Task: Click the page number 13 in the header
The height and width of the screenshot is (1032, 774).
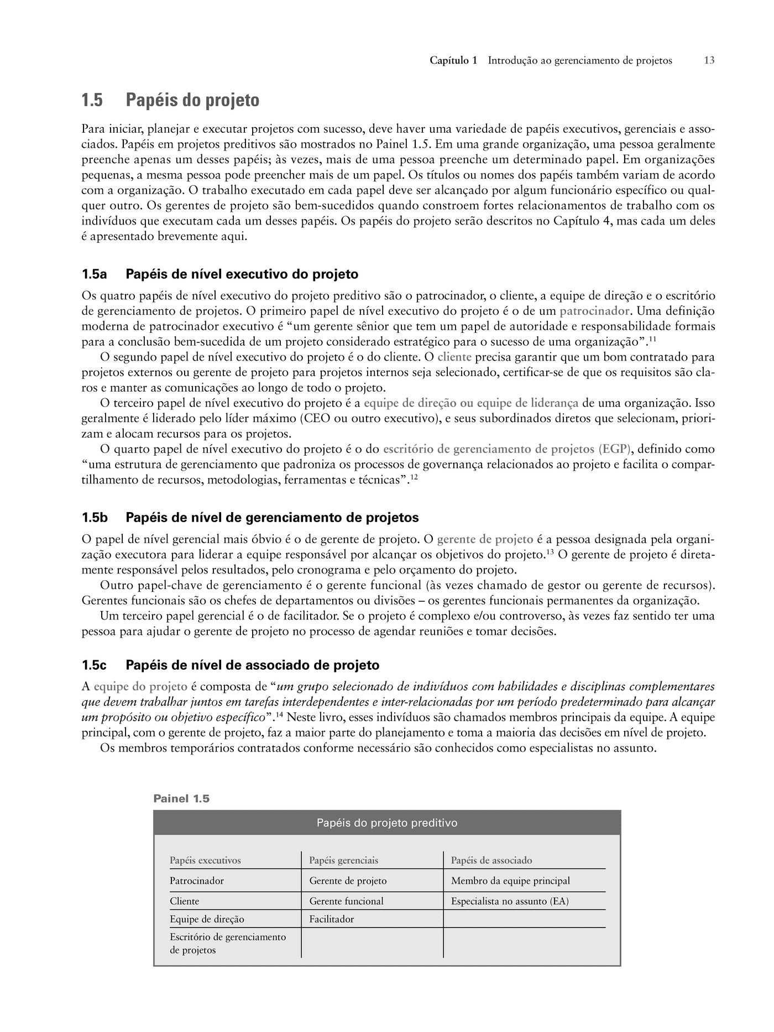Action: pos(709,61)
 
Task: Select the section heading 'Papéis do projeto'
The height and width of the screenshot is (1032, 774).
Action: pos(192,101)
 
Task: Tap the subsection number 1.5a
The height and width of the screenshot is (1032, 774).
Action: pos(94,274)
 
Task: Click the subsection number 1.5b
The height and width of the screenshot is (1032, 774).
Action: pos(95,518)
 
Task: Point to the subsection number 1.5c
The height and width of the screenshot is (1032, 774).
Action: pos(94,665)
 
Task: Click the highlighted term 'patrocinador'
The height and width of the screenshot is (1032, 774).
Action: pos(594,311)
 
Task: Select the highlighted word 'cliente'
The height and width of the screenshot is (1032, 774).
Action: pos(454,357)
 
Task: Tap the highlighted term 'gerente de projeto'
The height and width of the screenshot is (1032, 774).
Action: pos(485,539)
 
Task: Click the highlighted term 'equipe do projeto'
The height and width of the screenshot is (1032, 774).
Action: pos(140,687)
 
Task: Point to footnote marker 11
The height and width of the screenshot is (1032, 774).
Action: pos(652,338)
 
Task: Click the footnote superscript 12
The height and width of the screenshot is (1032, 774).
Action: pos(414,477)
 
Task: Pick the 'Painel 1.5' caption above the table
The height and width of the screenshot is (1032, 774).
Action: pos(181,799)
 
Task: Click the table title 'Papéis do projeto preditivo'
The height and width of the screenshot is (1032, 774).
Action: pos(387,823)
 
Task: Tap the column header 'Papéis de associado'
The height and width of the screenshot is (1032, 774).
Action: pos(491,861)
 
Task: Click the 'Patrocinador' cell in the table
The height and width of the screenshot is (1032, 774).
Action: pos(197,881)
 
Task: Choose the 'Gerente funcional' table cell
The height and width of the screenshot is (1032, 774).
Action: pos(347,901)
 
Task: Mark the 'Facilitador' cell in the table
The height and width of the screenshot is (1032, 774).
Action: pos(332,920)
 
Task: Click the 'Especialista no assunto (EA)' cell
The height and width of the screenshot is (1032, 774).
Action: pos(510,901)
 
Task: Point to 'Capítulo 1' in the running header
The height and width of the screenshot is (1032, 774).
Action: pos(453,61)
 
